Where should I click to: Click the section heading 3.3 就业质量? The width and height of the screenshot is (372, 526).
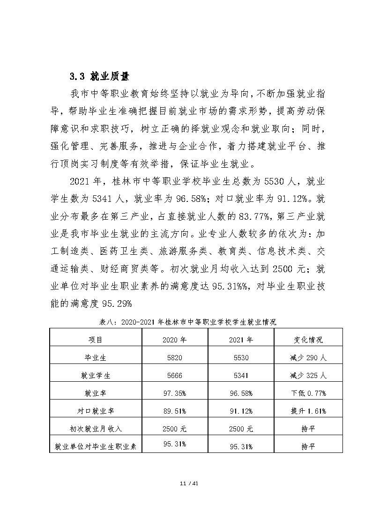[99, 76]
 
